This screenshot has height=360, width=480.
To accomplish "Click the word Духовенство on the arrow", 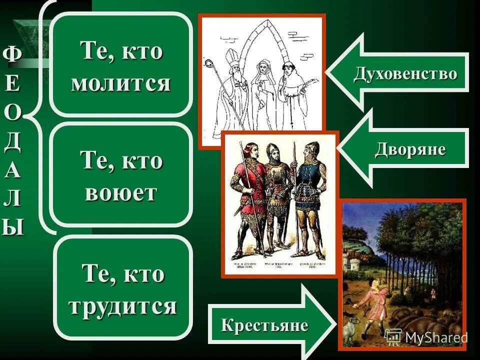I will click(405, 73).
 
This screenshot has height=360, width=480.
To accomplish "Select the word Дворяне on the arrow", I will click(410, 149).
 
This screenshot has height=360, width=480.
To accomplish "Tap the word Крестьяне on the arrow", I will click(264, 325).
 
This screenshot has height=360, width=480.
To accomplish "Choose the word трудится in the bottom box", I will click(122, 305).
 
